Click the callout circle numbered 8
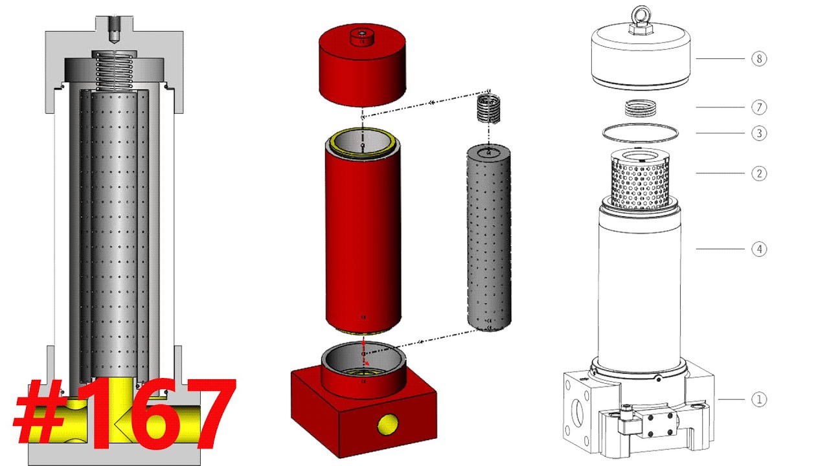(759, 59)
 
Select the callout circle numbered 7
(759, 107)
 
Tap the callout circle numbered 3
(759, 133)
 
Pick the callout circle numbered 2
(759, 173)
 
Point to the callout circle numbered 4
(759, 249)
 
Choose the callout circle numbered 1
(759, 399)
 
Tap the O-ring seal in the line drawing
(641, 132)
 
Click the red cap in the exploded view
(362, 69)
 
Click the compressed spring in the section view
(113, 70)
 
